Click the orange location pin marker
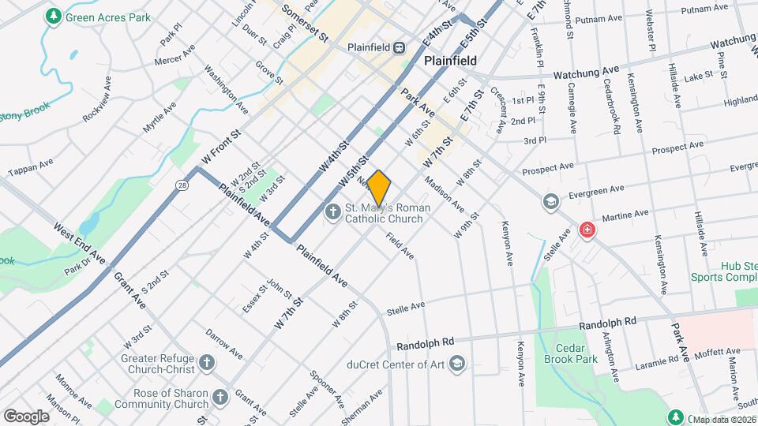click(379, 188)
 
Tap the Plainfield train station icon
click(400, 47)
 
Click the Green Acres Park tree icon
click(53, 16)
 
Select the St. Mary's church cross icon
click(332, 212)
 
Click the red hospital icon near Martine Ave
click(587, 230)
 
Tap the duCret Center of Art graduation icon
click(456, 364)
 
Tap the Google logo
click(26, 416)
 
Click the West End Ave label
click(79, 243)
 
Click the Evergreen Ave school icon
click(550, 203)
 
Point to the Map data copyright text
click(722, 419)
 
